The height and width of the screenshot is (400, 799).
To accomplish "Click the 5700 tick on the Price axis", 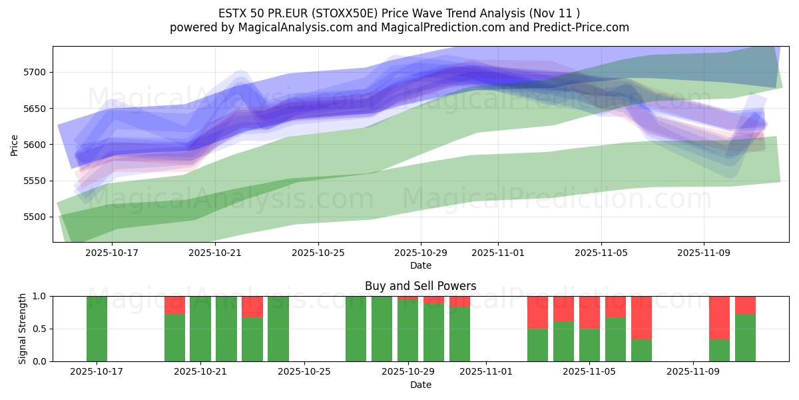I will pos(36,72).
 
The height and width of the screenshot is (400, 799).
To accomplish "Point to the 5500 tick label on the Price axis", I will pos(36,217).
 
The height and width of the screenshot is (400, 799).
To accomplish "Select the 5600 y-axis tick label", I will pos(36,145).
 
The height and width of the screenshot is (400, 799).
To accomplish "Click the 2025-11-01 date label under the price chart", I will pos(498,253).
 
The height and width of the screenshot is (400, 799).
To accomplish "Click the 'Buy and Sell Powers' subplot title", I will pos(420,286).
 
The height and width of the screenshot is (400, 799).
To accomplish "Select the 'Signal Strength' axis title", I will pos(23,328).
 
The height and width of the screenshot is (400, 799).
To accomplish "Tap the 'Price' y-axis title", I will pos(15,144).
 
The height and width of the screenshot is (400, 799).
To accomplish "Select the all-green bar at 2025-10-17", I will pos(97,329).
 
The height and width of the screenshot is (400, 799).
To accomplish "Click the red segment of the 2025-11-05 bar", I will pos(589,312).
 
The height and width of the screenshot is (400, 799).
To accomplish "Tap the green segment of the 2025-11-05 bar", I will pos(589,345).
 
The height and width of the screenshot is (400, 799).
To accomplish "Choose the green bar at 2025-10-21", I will pos(200,329).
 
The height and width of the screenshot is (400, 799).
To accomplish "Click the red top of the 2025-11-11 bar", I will pos(745,305).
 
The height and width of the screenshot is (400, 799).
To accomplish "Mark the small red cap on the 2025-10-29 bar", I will pos(407,298).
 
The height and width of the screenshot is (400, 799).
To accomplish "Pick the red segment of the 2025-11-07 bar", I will pos(641,317).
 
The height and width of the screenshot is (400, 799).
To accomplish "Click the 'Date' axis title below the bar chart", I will pos(420,385).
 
